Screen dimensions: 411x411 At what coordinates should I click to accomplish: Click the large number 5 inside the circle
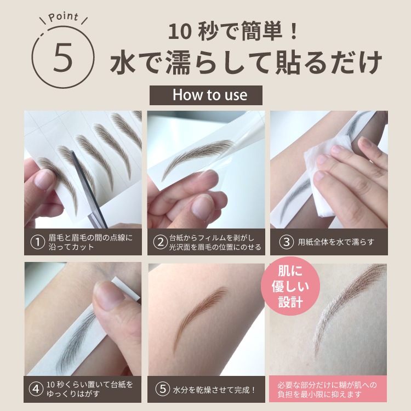point(63,58)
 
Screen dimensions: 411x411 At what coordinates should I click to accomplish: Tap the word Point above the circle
point(64,17)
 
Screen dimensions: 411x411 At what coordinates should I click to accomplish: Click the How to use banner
point(206,95)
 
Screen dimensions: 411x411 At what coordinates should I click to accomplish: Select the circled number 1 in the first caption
point(37,242)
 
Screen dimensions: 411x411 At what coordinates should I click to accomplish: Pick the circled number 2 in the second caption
point(161,242)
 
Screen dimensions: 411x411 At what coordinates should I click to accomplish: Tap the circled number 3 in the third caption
point(286,242)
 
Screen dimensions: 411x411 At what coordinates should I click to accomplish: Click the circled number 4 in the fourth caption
point(36,389)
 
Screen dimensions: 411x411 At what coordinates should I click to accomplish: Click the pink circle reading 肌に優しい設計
point(290,286)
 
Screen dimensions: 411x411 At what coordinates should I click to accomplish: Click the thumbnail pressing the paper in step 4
point(110,296)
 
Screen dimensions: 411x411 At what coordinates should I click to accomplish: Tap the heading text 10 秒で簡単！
point(233,32)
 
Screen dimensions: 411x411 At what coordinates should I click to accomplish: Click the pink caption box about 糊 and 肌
point(328,389)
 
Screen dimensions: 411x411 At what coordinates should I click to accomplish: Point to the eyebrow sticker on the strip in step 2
point(198,157)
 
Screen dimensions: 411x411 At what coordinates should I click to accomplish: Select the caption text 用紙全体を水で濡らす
point(335,242)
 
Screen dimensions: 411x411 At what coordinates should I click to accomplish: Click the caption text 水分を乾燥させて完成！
point(214,390)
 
